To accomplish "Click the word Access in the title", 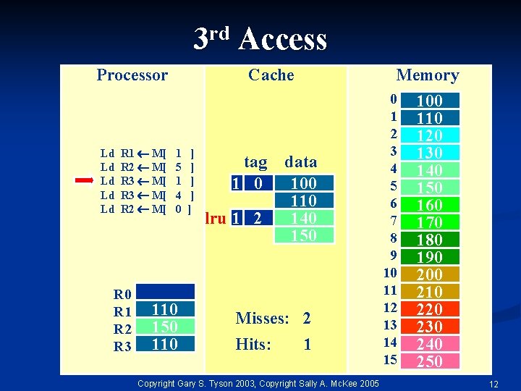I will [x=282, y=39].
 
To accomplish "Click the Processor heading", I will [x=132, y=75].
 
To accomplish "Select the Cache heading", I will [x=271, y=75].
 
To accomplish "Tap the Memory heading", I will [x=428, y=75].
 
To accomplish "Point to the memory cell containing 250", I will [x=430, y=361].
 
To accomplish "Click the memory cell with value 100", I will [x=430, y=101].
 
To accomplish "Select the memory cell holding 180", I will [x=430, y=240].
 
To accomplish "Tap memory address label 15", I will [x=391, y=360].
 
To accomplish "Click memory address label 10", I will [x=391, y=272].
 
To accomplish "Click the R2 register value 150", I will [x=166, y=327].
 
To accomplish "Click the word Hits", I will [x=253, y=345].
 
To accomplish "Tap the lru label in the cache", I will [x=216, y=218].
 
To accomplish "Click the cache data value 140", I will [x=304, y=218].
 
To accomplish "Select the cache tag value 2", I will [x=256, y=218].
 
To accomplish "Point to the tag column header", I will [x=255, y=161].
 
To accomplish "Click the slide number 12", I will [x=494, y=383].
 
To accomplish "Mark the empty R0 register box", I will [x=166, y=292].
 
